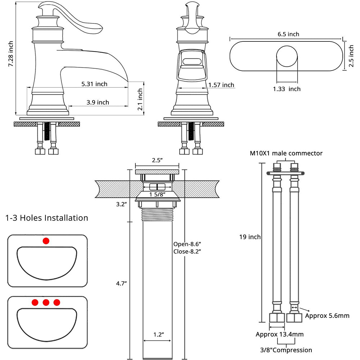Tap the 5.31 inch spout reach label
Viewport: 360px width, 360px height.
(94, 84)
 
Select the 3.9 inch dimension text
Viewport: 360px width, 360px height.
(98, 103)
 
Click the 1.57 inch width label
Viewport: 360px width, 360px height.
(221, 85)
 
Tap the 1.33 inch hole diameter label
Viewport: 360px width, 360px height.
(287, 89)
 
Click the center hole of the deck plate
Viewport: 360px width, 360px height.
(287, 57)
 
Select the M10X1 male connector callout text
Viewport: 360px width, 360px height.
(286, 153)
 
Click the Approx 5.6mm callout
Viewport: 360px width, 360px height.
(327, 316)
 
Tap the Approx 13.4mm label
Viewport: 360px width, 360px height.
(280, 334)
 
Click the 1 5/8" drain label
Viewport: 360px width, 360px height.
(157, 194)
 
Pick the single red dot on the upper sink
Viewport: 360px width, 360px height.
(46, 241)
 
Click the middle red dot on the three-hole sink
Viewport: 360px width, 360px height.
(46, 302)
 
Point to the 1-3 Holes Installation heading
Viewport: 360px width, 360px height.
(47, 218)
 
